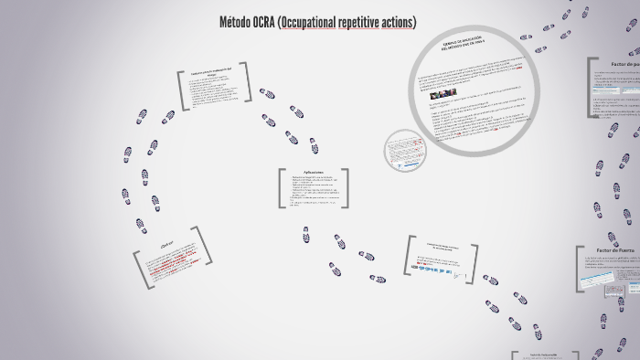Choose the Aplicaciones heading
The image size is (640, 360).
(314, 172)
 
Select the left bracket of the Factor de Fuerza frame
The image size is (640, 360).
(580, 270)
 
